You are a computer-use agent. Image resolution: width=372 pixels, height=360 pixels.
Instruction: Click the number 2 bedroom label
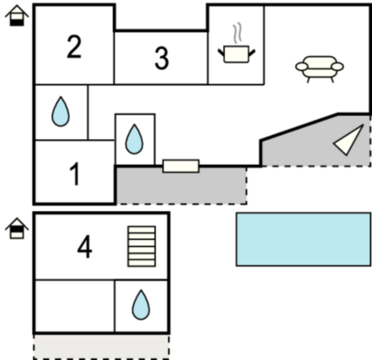[74, 46]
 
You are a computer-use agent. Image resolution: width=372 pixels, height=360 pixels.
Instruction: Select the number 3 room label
[162, 59]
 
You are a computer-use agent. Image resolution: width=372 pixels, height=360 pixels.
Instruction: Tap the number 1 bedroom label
[75, 174]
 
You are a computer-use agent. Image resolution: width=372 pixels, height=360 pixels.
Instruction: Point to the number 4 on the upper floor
[85, 247]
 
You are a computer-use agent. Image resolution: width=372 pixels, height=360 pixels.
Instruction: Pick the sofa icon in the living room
[319, 69]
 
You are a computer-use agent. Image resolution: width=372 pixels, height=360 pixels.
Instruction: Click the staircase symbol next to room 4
[142, 246]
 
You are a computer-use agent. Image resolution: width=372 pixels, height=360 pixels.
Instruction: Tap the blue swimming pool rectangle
[304, 239]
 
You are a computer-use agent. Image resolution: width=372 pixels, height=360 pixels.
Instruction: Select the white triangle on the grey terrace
[349, 140]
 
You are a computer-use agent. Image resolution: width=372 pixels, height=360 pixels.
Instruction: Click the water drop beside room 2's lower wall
[60, 111]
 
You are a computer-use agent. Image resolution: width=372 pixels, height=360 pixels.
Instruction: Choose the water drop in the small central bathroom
[134, 139]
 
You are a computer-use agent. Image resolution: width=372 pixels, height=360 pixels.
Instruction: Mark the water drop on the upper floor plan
[141, 305]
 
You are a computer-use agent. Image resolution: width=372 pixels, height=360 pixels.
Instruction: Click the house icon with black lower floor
[17, 16]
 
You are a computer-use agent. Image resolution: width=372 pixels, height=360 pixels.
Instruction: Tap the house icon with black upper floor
[17, 229]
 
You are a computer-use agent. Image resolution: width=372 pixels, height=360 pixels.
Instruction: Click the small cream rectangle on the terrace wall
[181, 166]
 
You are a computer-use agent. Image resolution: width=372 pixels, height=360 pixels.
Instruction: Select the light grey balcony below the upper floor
[102, 347]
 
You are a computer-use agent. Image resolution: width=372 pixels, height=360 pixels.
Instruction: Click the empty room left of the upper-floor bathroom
[74, 306]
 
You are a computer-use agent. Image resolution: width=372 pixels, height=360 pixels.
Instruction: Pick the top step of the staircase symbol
[142, 229]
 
